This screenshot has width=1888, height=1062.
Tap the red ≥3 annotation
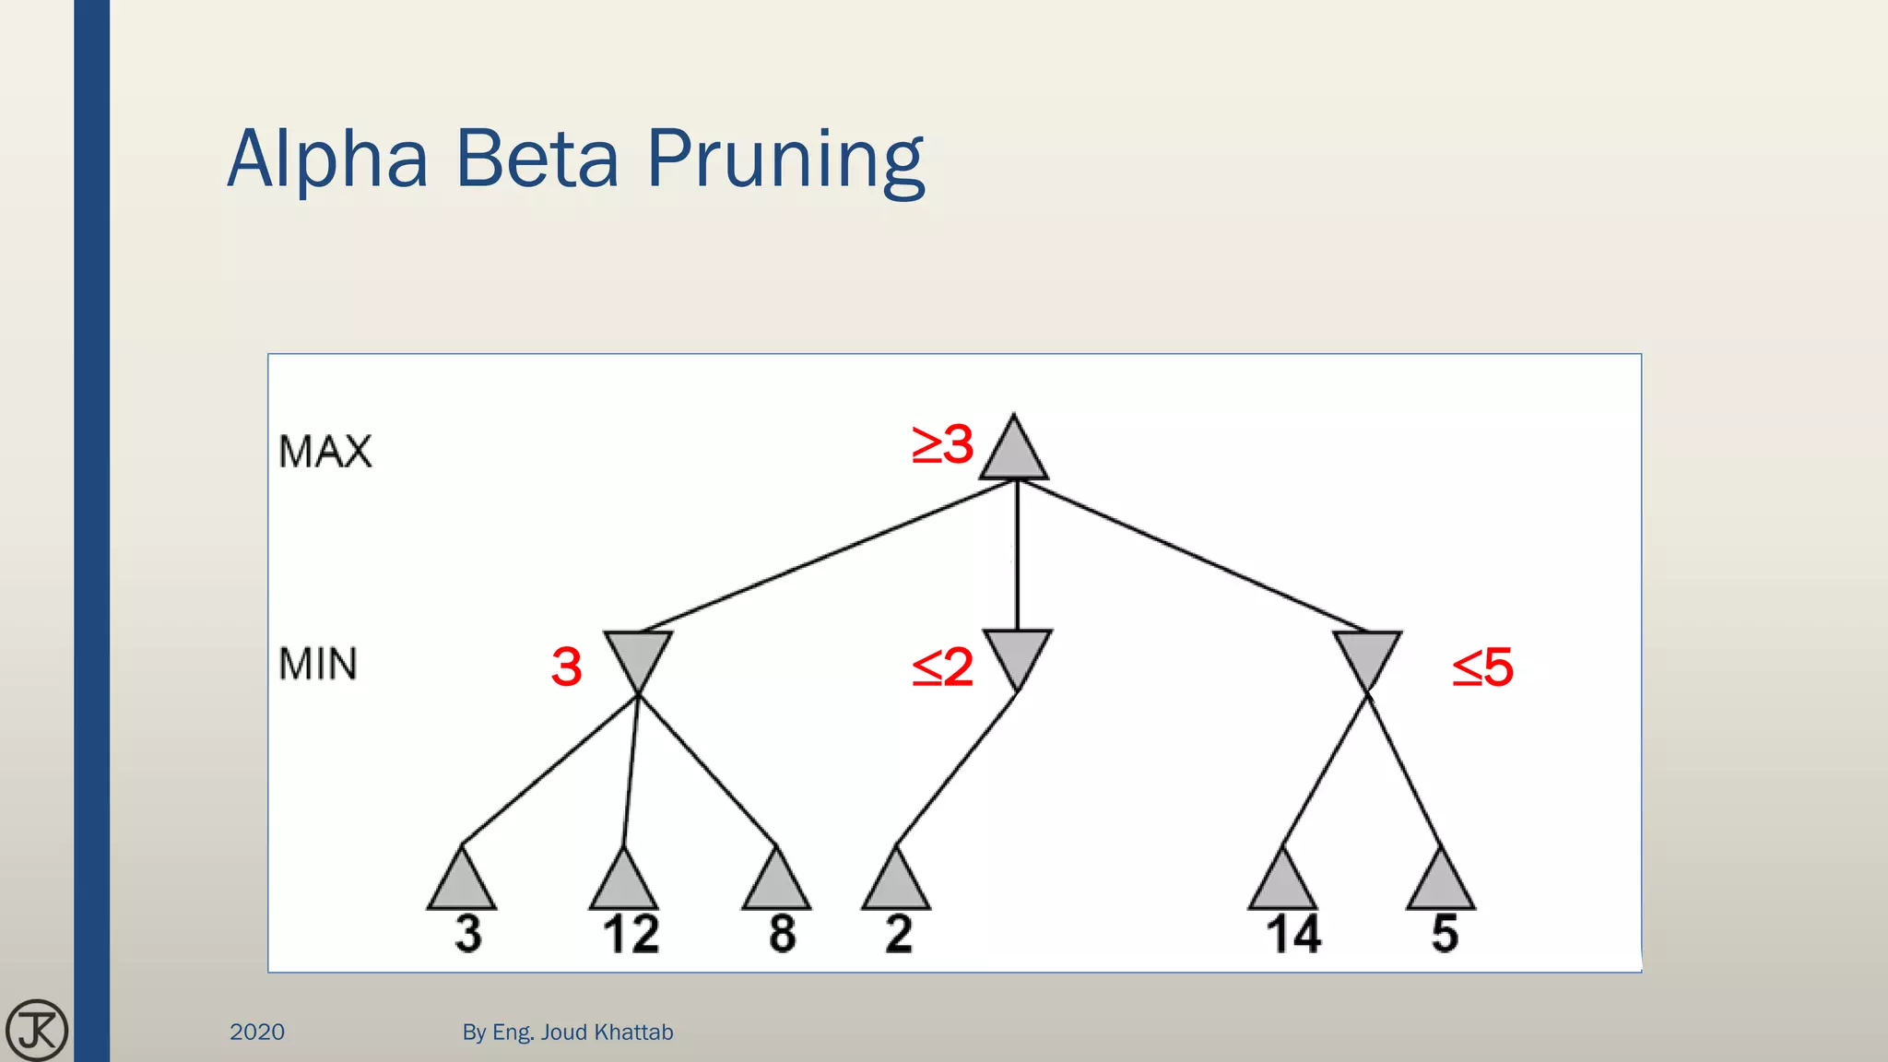coord(942,444)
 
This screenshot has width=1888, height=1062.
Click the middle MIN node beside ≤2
coord(1017,653)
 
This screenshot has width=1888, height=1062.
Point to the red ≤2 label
coord(942,667)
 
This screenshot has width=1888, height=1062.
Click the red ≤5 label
coord(1482,667)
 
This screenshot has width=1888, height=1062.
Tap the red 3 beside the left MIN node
coord(567,667)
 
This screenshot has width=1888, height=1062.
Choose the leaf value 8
coord(782,934)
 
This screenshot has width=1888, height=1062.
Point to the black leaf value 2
coord(899,934)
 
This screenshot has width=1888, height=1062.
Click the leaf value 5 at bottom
coord(1445,934)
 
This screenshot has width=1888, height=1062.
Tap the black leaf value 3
coord(468,934)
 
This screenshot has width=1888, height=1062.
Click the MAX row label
coord(325,452)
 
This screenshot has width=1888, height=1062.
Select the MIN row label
coord(318,665)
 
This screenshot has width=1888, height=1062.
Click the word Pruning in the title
coord(785,159)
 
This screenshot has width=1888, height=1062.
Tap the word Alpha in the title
coord(328,159)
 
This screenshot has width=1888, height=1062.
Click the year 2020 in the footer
coord(257,1032)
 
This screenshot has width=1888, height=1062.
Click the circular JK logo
coord(37,1030)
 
